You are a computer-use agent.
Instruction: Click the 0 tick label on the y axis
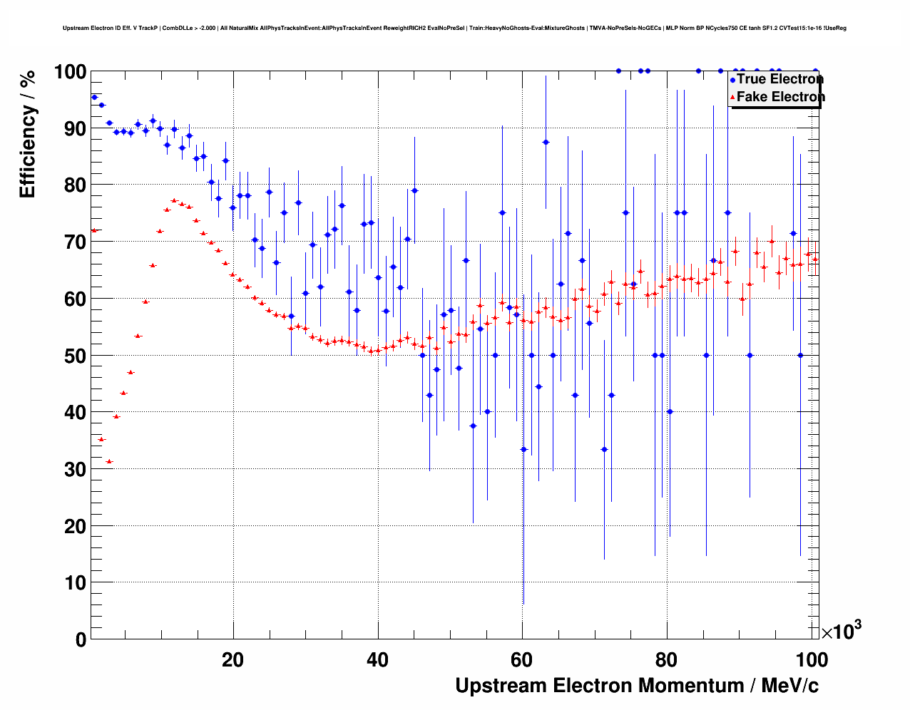81,639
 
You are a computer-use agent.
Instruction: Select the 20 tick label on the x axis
232,660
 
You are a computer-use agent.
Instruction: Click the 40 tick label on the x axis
377,660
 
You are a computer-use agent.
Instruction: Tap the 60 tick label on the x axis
522,660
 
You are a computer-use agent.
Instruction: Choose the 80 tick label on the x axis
667,660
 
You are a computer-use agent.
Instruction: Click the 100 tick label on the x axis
811,660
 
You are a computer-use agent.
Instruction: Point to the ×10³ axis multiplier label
842,631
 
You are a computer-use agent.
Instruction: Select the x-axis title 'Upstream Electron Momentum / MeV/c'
637,686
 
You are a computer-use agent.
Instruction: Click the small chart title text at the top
454,29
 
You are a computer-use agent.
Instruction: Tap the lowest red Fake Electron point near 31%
109,461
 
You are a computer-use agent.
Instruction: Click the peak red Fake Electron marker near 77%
174,200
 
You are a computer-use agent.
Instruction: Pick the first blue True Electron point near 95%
94,97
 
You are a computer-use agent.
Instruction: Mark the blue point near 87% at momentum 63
546,142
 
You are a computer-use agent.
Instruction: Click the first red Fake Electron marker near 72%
94,230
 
